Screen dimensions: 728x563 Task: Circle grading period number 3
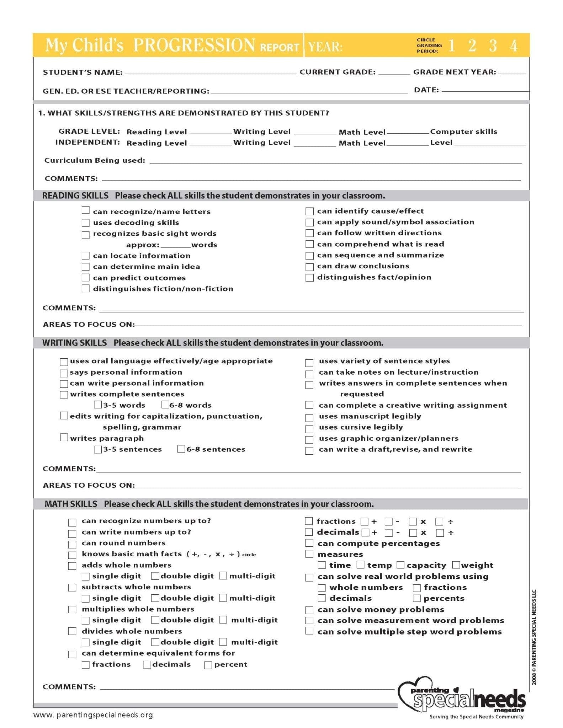click(x=493, y=45)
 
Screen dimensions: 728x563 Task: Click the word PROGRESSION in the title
click(x=194, y=45)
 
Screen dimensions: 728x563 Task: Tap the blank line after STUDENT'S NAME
click(x=210, y=72)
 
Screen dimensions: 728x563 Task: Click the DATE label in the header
click(x=426, y=90)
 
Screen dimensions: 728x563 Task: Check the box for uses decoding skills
click(x=86, y=223)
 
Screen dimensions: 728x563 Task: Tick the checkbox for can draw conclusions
click(x=309, y=267)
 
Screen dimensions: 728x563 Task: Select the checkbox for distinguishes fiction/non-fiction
click(x=86, y=289)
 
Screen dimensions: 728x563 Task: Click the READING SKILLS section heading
click(x=75, y=196)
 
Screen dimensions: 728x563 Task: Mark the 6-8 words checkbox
click(x=165, y=405)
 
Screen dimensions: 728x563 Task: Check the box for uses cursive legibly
click(x=309, y=429)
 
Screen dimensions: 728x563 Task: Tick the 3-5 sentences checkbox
click(x=97, y=449)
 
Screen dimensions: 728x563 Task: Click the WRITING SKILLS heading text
click(x=74, y=343)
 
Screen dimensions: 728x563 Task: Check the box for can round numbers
click(x=72, y=544)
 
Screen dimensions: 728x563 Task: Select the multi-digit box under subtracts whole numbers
click(x=223, y=598)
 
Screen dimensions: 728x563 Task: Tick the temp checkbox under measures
click(x=361, y=565)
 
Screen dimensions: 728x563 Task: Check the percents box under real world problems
click(x=417, y=598)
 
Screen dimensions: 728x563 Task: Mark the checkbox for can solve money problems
click(x=309, y=610)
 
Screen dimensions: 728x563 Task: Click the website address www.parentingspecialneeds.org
click(x=93, y=715)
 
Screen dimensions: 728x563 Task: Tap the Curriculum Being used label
click(x=95, y=160)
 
